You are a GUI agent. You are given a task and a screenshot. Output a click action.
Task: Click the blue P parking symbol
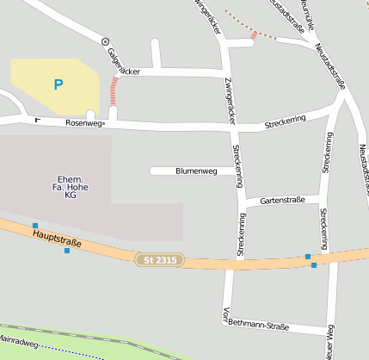tap(58, 84)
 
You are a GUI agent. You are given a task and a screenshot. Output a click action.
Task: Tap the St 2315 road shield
tap(159, 258)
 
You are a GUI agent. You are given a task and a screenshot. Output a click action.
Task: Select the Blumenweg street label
tap(194, 171)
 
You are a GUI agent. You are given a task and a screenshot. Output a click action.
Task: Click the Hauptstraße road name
tap(56, 238)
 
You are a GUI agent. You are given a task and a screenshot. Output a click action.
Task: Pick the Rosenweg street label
tap(83, 124)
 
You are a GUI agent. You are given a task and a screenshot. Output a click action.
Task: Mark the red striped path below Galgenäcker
tap(114, 90)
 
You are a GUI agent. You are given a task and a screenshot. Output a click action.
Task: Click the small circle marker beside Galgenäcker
tap(105, 41)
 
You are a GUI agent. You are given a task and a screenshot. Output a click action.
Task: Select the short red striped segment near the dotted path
tap(254, 35)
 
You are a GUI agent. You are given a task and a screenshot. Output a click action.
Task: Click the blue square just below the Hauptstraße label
tap(66, 251)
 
